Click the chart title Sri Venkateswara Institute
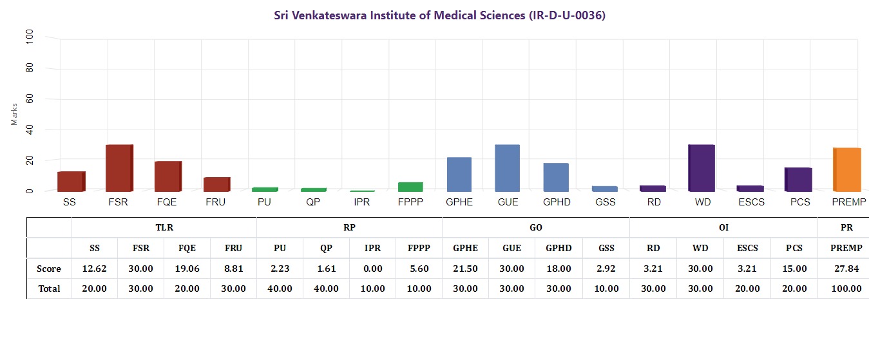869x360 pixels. (x=439, y=15)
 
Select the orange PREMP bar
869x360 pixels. (x=847, y=169)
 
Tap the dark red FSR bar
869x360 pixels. (x=119, y=168)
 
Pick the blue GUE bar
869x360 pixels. (x=507, y=168)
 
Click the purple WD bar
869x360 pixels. (x=701, y=168)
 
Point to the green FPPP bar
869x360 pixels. (x=410, y=187)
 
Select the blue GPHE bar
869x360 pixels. (x=459, y=175)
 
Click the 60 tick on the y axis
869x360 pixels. (x=28, y=99)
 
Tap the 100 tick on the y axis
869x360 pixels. (x=28, y=38)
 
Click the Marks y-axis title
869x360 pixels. (x=14, y=114)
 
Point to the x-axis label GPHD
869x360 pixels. (x=556, y=202)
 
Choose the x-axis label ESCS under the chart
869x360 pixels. (x=750, y=202)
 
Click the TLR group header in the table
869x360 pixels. (x=164, y=227)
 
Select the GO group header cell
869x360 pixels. (x=535, y=227)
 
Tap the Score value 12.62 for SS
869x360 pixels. (x=94, y=269)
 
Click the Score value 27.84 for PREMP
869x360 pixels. (x=846, y=269)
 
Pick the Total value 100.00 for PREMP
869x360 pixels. (x=846, y=289)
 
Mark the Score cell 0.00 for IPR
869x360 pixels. (x=372, y=269)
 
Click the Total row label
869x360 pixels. (x=49, y=289)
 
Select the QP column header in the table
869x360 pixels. (x=326, y=248)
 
